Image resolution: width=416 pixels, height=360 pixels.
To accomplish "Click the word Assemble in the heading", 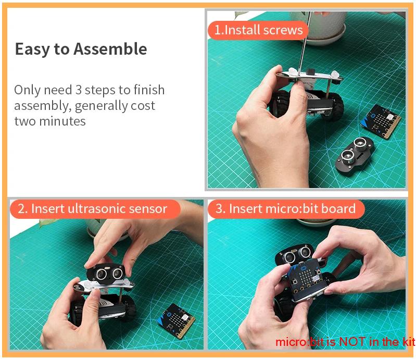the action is (x=110, y=49).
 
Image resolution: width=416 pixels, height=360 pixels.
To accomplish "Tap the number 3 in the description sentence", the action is (x=78, y=90).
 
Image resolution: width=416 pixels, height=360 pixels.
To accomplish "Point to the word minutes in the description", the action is (x=62, y=121).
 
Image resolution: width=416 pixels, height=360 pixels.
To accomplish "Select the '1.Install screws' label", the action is (x=258, y=30).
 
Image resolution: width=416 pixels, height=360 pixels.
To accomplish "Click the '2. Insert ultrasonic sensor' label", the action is (x=95, y=209).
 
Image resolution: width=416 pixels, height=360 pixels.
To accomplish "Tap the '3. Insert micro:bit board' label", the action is (x=286, y=209).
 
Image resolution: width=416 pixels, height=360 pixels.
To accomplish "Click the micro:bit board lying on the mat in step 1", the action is (x=381, y=121).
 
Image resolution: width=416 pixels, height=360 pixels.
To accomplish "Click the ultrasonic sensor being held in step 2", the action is (x=105, y=272).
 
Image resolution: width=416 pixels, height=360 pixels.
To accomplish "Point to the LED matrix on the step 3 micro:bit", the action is (x=306, y=276).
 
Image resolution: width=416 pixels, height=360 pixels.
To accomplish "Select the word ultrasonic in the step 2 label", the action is (x=96, y=209).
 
